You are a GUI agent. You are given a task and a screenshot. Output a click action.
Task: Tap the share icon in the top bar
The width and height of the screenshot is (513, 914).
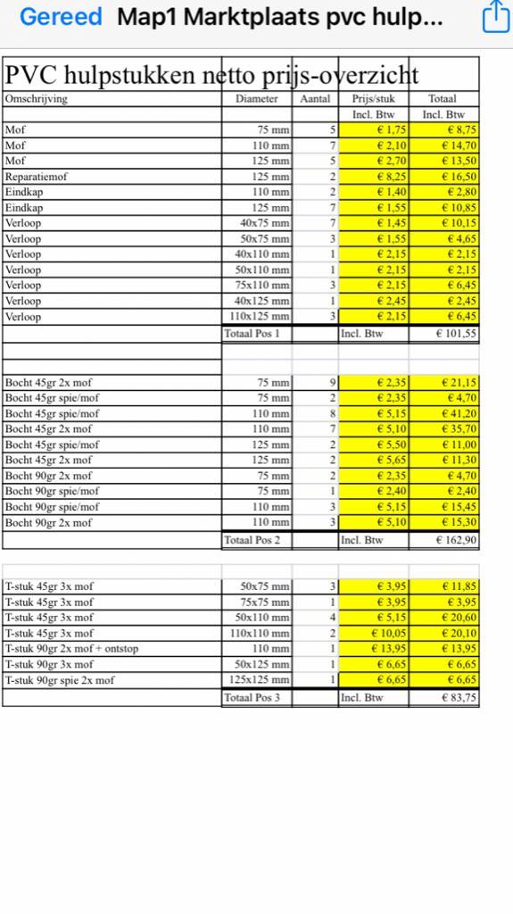click(x=494, y=17)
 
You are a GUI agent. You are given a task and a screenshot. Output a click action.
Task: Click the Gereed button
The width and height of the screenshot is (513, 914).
click(x=61, y=17)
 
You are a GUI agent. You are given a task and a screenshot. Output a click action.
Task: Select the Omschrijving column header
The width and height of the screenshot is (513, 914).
click(x=36, y=99)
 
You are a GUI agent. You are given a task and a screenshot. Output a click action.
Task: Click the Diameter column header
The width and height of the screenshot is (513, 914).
click(x=257, y=99)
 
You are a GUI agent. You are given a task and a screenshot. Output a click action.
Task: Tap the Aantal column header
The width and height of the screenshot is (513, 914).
click(x=315, y=99)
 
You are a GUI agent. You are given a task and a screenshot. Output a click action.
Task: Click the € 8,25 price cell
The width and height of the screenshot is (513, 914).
click(x=374, y=177)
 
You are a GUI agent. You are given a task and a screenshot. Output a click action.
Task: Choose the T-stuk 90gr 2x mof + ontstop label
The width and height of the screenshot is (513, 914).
click(x=71, y=649)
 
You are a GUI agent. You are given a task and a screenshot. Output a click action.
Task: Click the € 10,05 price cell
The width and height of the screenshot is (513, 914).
click(x=374, y=633)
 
